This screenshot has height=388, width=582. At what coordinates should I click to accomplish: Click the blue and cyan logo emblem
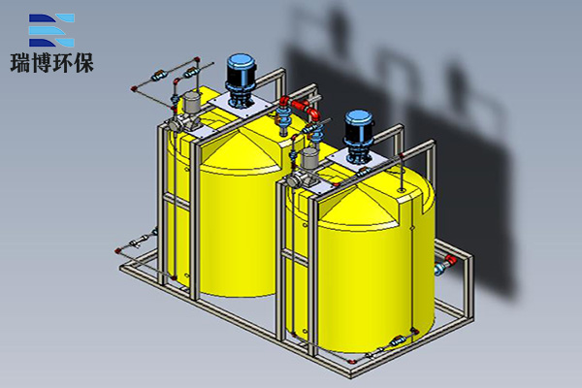(51, 30)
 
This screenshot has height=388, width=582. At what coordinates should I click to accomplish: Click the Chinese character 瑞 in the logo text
(20, 63)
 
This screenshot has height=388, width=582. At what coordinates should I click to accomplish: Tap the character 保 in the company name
(83, 63)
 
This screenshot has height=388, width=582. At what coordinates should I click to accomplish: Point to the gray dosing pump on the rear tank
(185, 113)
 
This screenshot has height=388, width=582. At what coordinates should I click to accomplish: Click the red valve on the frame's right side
(450, 260)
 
